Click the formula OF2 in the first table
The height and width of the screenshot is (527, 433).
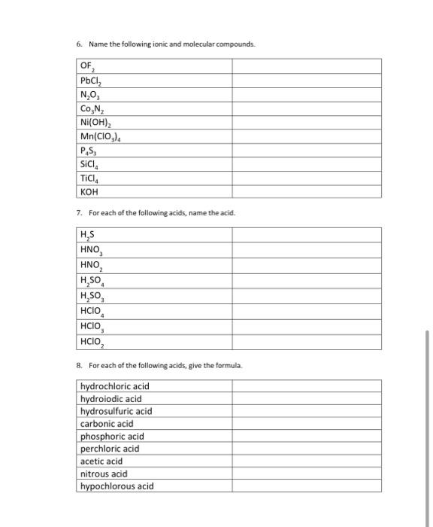89,66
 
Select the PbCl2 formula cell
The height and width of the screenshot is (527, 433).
92,79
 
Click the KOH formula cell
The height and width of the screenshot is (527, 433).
89,191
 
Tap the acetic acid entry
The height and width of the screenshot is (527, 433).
101,462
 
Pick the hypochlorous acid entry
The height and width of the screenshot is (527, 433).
117,486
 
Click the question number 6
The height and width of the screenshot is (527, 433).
79,44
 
